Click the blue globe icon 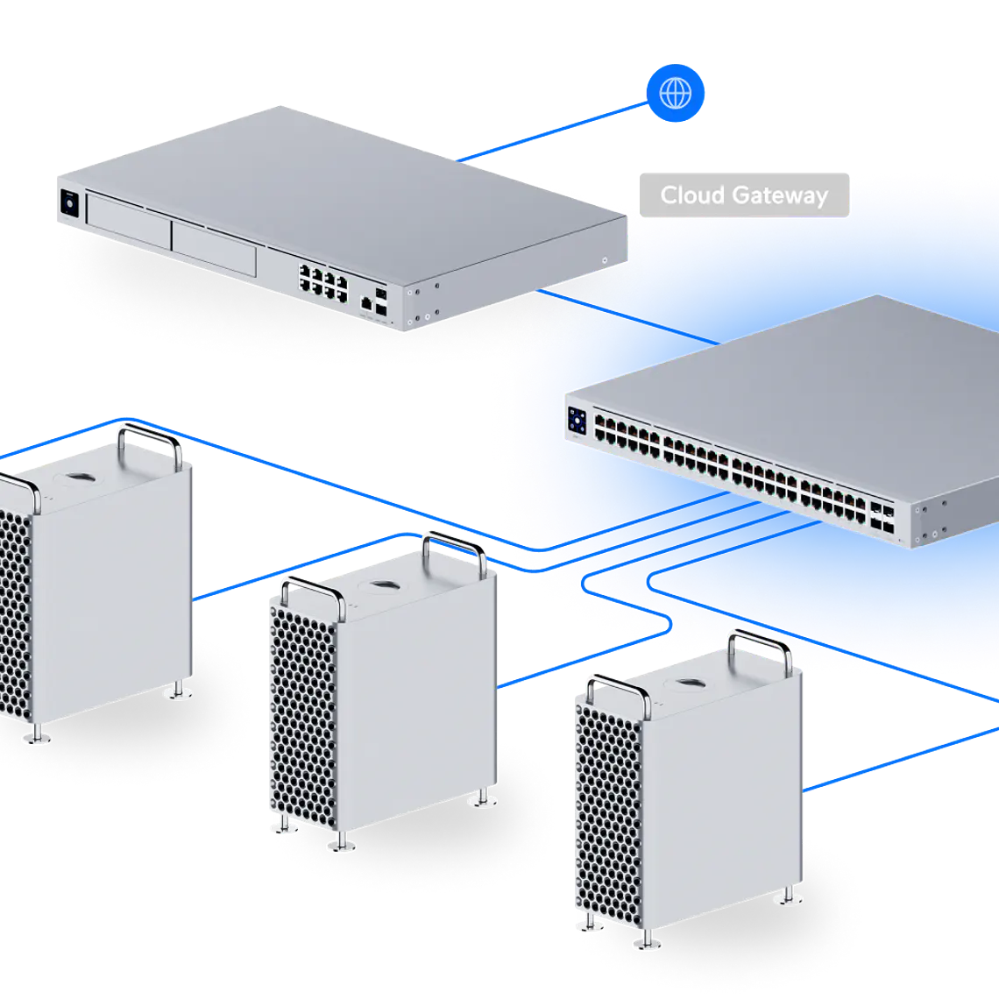(676, 92)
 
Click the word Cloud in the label (688, 195)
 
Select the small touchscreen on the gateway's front (69, 204)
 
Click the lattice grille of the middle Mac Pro (301, 719)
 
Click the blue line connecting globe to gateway (552, 131)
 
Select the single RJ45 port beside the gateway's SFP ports (365, 302)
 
